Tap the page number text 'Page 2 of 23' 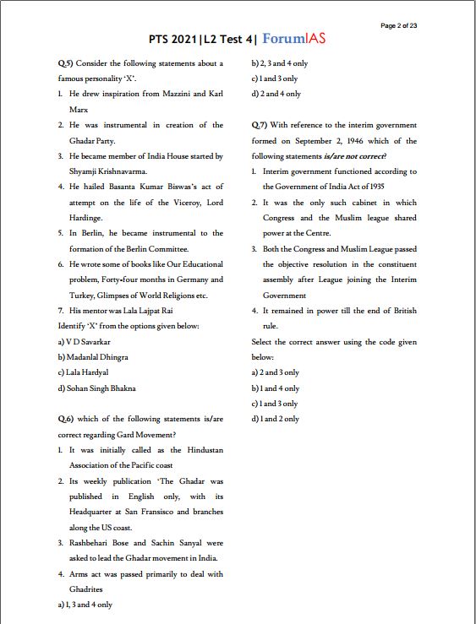[x=399, y=25]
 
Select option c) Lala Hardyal [x=83, y=372]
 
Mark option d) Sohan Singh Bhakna [x=96, y=388]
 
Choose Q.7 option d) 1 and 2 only [x=276, y=420]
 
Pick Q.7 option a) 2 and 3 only [x=276, y=372]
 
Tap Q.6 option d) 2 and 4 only [x=276, y=94]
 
